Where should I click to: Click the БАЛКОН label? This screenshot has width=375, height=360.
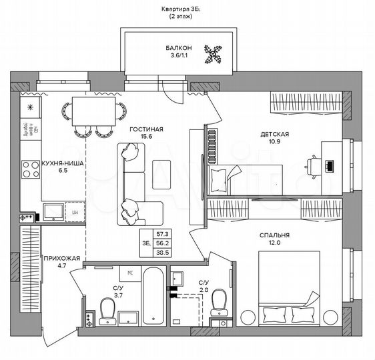179,48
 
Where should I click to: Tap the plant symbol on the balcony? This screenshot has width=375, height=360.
214,54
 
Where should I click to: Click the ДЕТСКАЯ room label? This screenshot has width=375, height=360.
274,134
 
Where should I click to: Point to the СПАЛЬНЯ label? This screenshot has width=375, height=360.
274,235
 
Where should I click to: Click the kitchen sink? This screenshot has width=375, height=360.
53,212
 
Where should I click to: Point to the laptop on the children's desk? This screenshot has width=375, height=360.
329,163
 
